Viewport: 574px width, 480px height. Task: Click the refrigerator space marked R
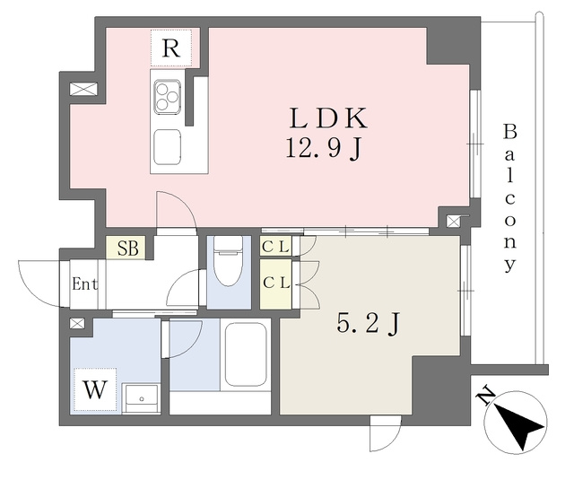[x=171, y=48]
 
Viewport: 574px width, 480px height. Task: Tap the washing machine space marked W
[x=95, y=389]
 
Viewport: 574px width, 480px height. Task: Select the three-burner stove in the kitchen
[x=168, y=96]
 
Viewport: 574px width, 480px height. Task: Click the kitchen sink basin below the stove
[x=168, y=147]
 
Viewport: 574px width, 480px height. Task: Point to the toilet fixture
[x=229, y=261]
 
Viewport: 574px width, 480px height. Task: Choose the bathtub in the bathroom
[x=246, y=354]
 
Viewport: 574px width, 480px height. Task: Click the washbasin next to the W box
[x=141, y=398]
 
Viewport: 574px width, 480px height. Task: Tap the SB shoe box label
[x=126, y=249]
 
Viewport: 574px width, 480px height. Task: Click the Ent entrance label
[x=84, y=284]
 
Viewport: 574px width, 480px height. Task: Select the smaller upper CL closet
[x=275, y=247]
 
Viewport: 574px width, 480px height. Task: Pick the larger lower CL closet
[x=275, y=284]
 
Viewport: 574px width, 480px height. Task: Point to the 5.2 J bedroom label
[x=368, y=324]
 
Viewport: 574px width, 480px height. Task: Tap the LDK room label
[x=328, y=118]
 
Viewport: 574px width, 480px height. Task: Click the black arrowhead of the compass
[x=518, y=425]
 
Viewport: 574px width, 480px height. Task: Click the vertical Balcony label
[x=510, y=198]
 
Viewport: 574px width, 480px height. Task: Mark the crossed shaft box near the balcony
[x=453, y=221]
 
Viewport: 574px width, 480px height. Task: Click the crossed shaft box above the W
[x=77, y=323]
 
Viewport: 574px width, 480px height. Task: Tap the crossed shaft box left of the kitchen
[x=83, y=89]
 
